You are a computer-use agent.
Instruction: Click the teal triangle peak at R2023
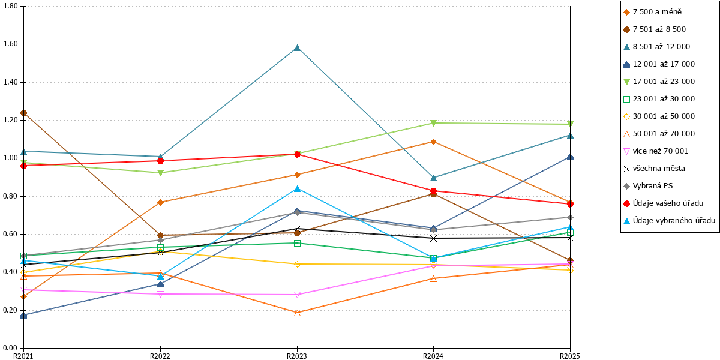pyautogui.click(x=297, y=48)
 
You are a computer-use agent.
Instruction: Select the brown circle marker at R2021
pyautogui.click(x=23, y=113)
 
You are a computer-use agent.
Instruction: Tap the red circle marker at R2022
pyautogui.click(x=160, y=161)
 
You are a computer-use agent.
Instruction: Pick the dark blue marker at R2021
pyautogui.click(x=23, y=316)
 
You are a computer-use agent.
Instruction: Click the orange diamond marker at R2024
pyautogui.click(x=433, y=142)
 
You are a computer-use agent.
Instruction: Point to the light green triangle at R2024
pyautogui.click(x=433, y=123)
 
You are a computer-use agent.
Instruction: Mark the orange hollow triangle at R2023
pyautogui.click(x=297, y=313)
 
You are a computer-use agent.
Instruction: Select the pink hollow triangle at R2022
pyautogui.click(x=160, y=294)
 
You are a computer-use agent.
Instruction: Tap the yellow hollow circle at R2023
pyautogui.click(x=297, y=264)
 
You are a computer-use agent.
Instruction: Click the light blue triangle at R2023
pyautogui.click(x=297, y=188)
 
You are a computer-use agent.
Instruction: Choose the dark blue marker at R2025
pyautogui.click(x=570, y=157)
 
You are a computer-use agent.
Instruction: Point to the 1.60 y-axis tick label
pyautogui.click(x=11, y=44)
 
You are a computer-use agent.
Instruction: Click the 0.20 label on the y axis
pyautogui.click(x=11, y=310)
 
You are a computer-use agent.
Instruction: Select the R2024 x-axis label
pyautogui.click(x=433, y=356)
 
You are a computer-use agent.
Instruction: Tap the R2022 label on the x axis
pyautogui.click(x=160, y=356)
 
